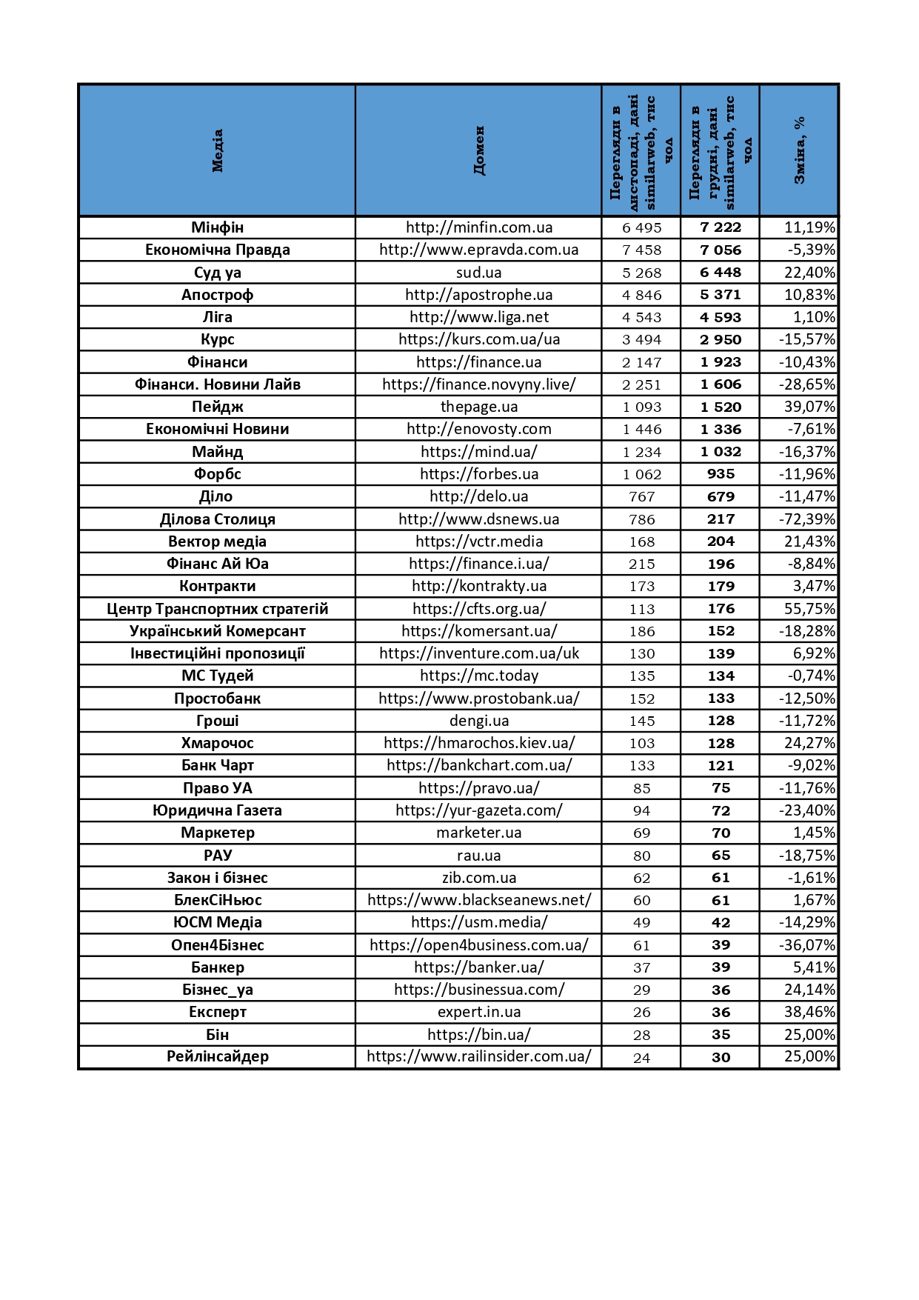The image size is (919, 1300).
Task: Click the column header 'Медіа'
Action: (x=217, y=150)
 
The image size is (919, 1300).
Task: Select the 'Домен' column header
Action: (x=479, y=150)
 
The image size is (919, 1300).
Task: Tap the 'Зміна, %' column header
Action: (x=799, y=150)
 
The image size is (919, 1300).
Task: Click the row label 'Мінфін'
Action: (x=217, y=227)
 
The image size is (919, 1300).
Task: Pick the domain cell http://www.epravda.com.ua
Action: (x=479, y=250)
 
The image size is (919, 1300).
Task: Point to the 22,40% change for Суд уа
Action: (x=809, y=273)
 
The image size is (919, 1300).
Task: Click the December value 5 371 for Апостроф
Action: (x=721, y=295)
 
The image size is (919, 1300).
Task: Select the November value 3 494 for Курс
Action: (x=641, y=340)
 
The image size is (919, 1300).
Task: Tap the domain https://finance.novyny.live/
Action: (x=479, y=384)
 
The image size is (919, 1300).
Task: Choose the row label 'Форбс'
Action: (x=217, y=474)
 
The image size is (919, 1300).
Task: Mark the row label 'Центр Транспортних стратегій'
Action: (x=217, y=609)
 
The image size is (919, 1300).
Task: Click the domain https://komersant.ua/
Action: (x=479, y=631)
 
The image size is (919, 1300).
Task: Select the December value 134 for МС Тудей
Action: (x=721, y=676)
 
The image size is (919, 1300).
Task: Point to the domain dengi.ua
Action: (x=479, y=721)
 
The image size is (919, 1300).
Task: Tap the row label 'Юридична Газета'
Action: (x=217, y=810)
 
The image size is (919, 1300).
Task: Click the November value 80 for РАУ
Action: (x=641, y=856)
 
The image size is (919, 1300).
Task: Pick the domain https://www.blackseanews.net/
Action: (x=479, y=900)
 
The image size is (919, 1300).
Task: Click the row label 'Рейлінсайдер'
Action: (x=217, y=1056)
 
